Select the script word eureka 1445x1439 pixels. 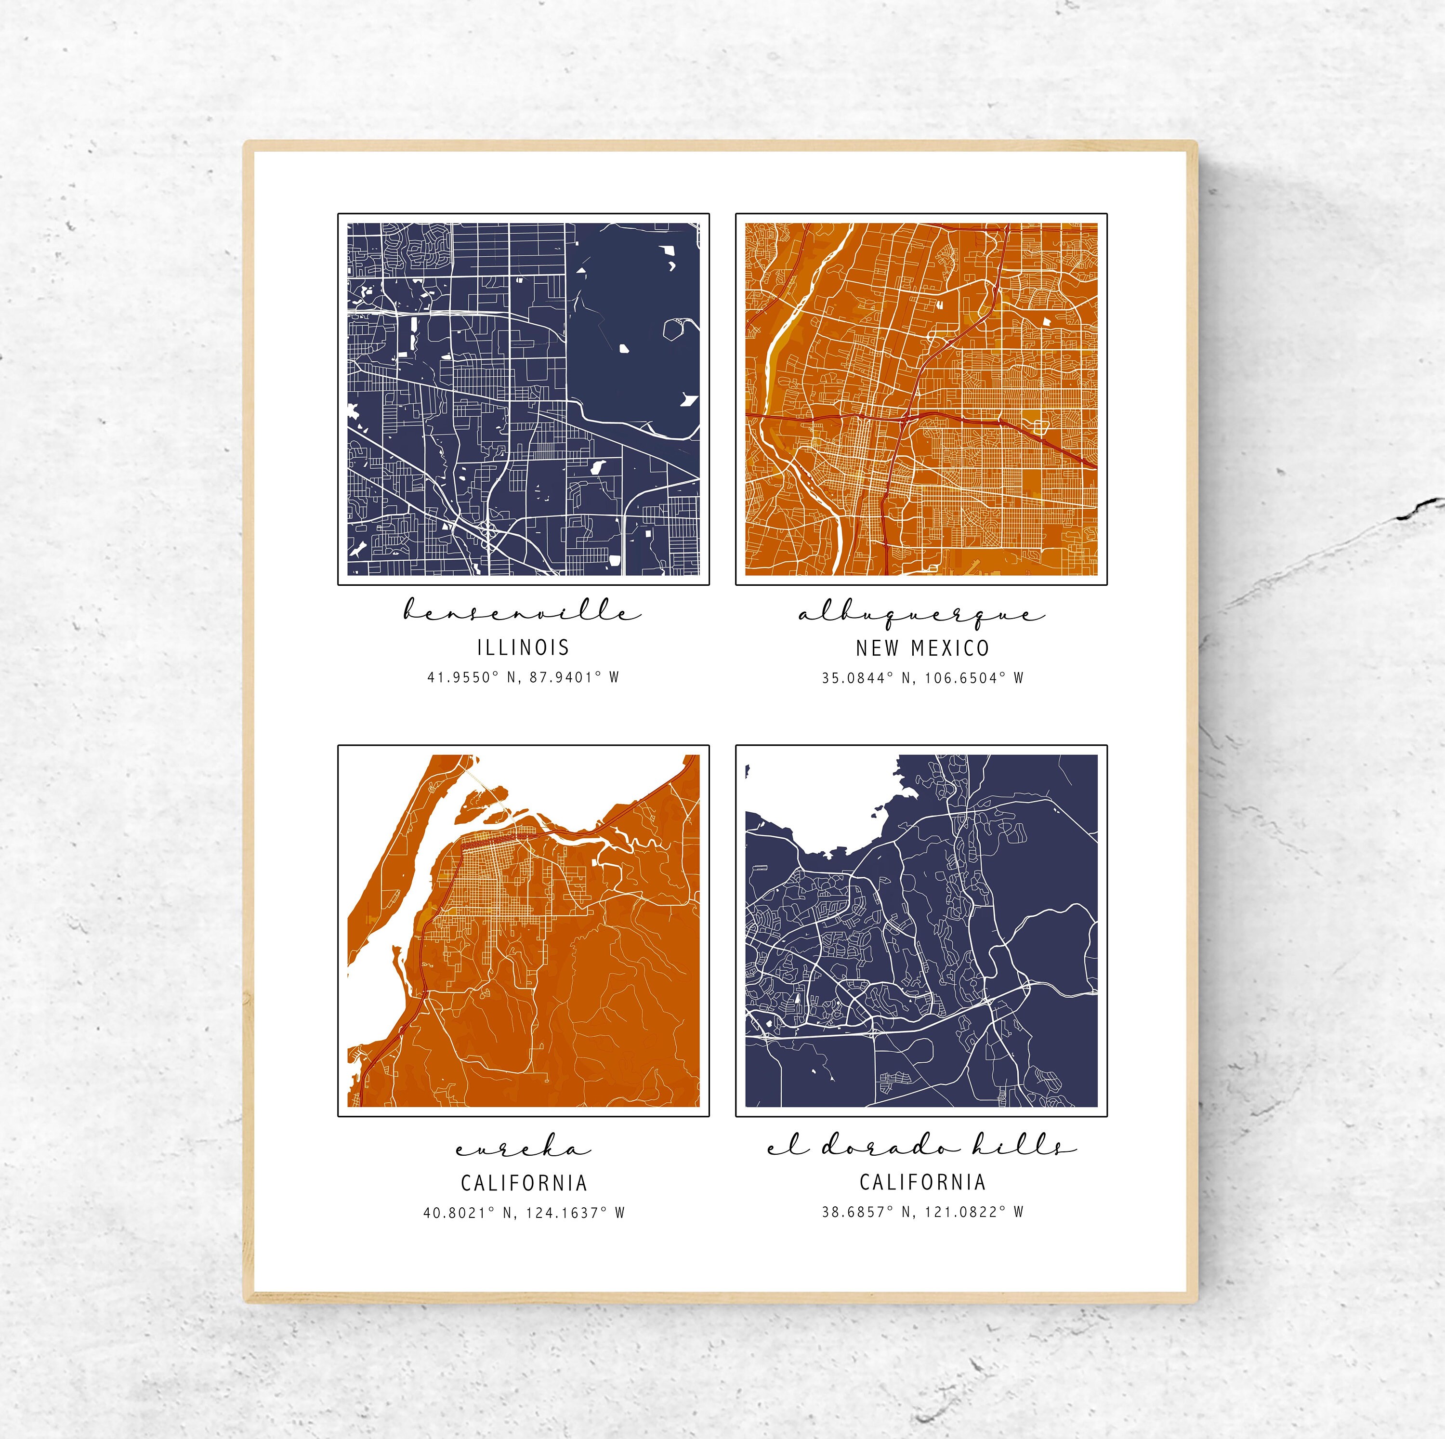pos(523,1148)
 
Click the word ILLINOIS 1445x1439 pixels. pos(523,647)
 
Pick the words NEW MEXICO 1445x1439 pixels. pos(922,647)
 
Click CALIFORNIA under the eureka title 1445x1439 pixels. pos(524,1182)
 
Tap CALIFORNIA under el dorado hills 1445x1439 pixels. pos(922,1182)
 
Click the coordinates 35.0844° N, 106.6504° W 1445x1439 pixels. pos(922,678)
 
